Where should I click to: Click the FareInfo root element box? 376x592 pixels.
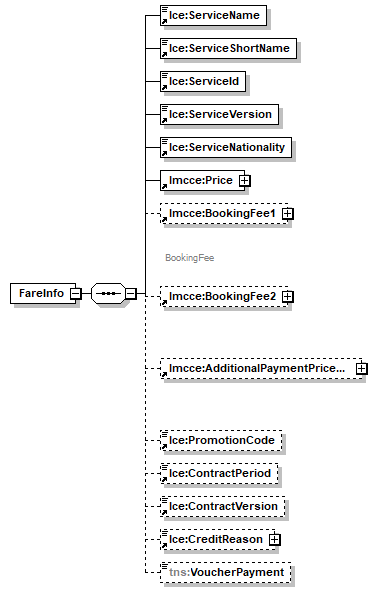click(x=41, y=293)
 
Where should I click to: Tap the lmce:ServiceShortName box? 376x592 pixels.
click(x=230, y=49)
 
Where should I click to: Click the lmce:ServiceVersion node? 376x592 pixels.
click(x=219, y=114)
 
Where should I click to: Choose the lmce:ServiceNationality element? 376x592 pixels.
click(x=226, y=147)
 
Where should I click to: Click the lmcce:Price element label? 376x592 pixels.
click(x=199, y=180)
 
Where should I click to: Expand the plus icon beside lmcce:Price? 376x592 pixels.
click(x=243, y=181)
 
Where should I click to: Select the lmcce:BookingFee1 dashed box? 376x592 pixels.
click(x=220, y=213)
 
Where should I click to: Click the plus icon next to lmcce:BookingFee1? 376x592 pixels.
click(x=287, y=214)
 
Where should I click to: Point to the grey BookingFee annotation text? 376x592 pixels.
click(x=190, y=257)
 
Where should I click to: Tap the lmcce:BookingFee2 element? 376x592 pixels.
click(x=220, y=296)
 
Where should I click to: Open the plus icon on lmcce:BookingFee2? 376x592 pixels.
click(x=287, y=297)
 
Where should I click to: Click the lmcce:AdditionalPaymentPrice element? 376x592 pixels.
click(x=256, y=368)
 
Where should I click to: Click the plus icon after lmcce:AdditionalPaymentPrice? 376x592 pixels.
click(x=361, y=369)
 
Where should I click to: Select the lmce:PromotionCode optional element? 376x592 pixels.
click(x=222, y=439)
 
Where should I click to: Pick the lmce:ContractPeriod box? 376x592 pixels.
click(x=222, y=472)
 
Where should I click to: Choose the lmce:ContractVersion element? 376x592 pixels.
click(x=223, y=506)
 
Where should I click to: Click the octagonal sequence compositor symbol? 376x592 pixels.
click(x=106, y=293)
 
